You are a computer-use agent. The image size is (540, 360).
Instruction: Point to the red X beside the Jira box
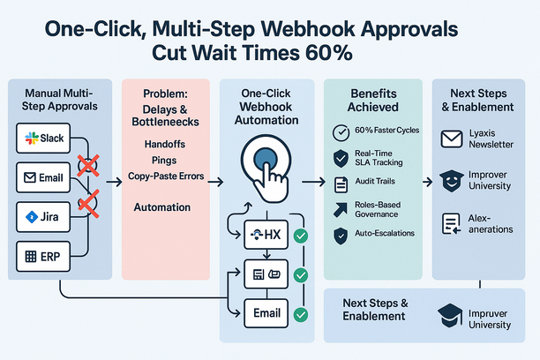86,206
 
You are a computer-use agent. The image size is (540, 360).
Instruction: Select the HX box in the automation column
266,235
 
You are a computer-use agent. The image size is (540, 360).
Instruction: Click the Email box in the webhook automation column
266,312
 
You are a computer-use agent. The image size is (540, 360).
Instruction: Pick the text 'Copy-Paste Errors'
166,176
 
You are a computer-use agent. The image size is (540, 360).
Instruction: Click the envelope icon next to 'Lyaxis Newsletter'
452,138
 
